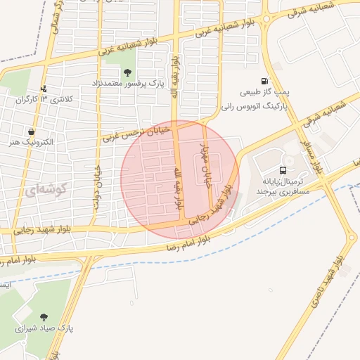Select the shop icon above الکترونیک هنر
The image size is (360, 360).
[x=31, y=131]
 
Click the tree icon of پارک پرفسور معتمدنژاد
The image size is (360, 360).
[x=127, y=72]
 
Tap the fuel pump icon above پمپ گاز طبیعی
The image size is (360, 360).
[x=264, y=82]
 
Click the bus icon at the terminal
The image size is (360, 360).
[x=283, y=170]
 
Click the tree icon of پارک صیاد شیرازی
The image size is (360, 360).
[x=44, y=317]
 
